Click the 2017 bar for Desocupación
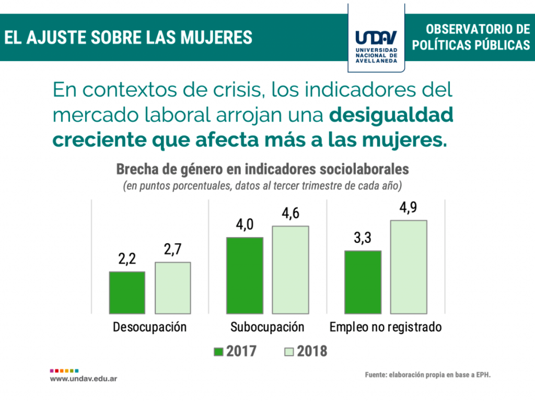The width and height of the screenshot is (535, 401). [127, 292]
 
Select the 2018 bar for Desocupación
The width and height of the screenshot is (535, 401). [173, 287]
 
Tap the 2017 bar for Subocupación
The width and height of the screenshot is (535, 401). [245, 275]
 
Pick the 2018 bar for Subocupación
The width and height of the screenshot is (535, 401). [290, 269]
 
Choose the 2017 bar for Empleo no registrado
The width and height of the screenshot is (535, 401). [363, 281]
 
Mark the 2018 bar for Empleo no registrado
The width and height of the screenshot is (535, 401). [409, 266]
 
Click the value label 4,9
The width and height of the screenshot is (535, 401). [409, 207]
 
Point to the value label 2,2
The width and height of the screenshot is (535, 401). [127, 259]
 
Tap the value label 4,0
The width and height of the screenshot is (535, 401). [245, 225]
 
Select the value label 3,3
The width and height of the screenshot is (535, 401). [363, 238]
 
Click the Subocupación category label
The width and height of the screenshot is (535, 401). [267, 327]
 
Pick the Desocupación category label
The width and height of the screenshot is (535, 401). [150, 327]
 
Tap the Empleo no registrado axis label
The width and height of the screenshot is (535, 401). [386, 327]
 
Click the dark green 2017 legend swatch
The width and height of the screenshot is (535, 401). [219, 351]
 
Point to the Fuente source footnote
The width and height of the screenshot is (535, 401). [428, 375]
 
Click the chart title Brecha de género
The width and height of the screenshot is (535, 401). [262, 170]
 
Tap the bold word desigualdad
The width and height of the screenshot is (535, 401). [390, 115]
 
